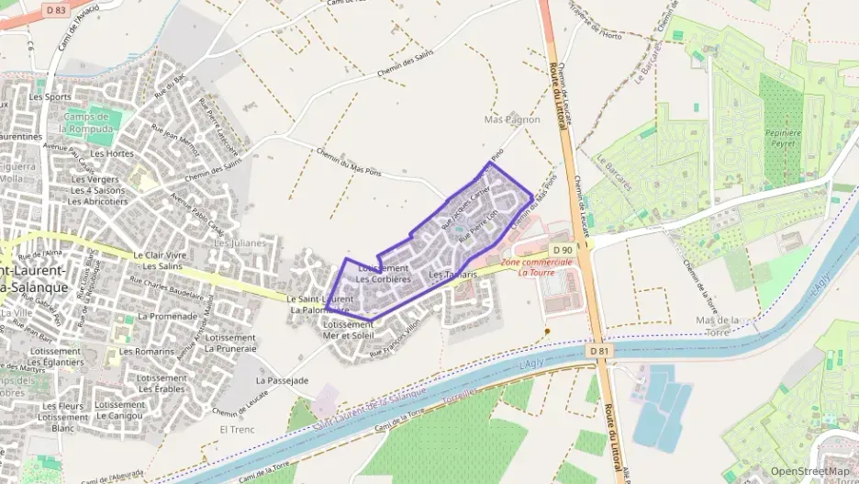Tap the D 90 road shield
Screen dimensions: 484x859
click(563, 250)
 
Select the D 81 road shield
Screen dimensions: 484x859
click(598, 351)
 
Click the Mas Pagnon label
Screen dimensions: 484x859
click(511, 120)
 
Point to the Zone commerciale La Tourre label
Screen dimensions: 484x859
click(545, 266)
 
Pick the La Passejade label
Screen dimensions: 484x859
click(282, 380)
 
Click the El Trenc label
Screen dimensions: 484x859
click(236, 429)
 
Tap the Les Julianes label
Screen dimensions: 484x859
click(240, 243)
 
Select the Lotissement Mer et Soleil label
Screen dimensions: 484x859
click(348, 331)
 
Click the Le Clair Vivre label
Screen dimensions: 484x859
click(161, 255)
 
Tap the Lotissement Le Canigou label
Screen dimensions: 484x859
click(119, 411)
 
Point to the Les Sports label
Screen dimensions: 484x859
click(50, 96)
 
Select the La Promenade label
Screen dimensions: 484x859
click(167, 316)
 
